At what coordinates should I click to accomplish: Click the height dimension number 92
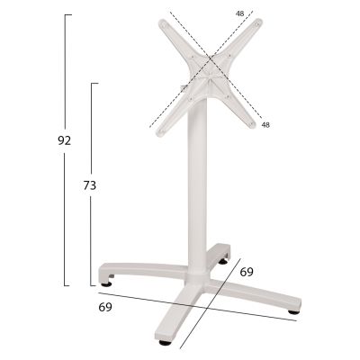tap(62, 140)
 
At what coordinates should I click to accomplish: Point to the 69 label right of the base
tap(247, 271)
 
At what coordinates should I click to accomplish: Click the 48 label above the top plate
tap(239, 13)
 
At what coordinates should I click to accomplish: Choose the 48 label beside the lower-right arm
tap(265, 124)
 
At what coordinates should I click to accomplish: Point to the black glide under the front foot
tap(165, 343)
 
